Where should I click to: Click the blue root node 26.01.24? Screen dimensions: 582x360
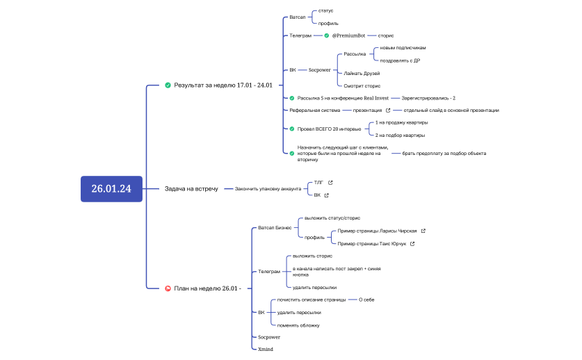tap(111, 189)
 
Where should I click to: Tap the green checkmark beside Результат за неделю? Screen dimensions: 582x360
tap(168, 85)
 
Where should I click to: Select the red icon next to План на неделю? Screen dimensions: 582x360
tap(168, 288)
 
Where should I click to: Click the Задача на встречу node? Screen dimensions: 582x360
tap(191, 189)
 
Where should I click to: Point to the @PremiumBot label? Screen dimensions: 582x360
tap(348, 35)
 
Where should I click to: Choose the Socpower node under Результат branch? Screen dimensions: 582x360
tap(319, 69)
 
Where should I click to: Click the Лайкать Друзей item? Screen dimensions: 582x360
tap(362, 74)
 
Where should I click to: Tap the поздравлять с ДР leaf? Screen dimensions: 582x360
tap(400, 60)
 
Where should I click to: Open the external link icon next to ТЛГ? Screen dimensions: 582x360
tap(330, 183)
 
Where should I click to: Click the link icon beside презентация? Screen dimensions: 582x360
tap(388, 111)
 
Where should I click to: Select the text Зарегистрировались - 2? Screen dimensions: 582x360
tap(428, 99)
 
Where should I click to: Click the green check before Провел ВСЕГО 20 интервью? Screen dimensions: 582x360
tap(292, 129)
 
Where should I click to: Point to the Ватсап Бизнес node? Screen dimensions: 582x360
tap(275, 228)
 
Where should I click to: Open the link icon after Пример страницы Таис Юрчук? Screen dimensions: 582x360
tap(412, 244)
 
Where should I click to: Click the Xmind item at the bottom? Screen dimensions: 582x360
tap(266, 350)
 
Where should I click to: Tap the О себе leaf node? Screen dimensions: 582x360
tap(366, 300)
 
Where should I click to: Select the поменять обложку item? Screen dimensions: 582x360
tap(298, 325)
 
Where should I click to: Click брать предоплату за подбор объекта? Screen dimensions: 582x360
tap(444, 154)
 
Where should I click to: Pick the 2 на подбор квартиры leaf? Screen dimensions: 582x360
tap(400, 136)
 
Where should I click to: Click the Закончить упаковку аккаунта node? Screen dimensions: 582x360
tap(268, 189)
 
